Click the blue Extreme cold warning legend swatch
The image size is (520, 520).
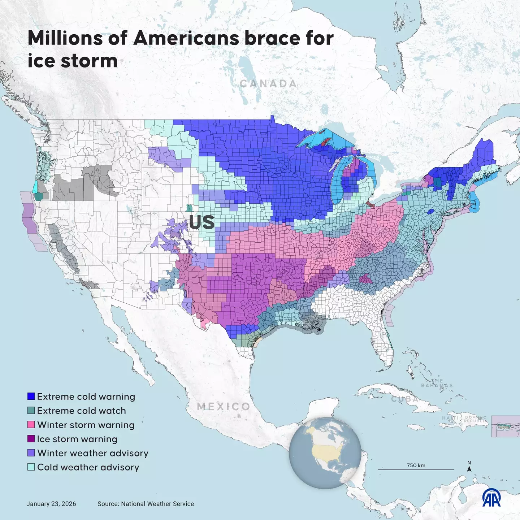click(x=31, y=396)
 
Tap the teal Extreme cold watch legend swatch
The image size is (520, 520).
click(x=31, y=410)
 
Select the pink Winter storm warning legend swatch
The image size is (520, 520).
click(x=31, y=424)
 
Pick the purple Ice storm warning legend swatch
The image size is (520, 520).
click(x=31, y=439)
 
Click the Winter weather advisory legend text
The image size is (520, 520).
click(x=92, y=453)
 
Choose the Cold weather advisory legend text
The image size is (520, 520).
click(x=88, y=467)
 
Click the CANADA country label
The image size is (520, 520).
click(x=268, y=83)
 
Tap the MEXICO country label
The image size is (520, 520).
click(x=224, y=406)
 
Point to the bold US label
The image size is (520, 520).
click(x=201, y=222)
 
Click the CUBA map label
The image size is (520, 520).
click(x=405, y=399)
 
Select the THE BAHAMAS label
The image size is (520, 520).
click(x=437, y=383)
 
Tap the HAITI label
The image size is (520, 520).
click(x=450, y=418)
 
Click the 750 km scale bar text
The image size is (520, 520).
click(x=416, y=465)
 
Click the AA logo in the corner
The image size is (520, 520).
click(x=491, y=498)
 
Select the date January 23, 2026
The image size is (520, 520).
click(x=51, y=504)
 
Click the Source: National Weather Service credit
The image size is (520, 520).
click(x=146, y=504)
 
